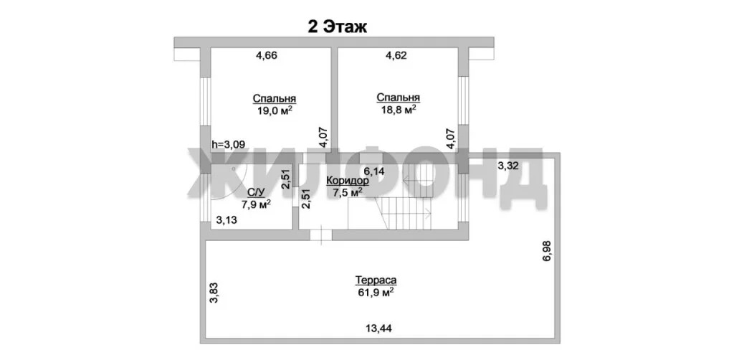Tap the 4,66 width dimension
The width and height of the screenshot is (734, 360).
(x=267, y=56)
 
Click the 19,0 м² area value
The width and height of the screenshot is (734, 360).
(x=275, y=111)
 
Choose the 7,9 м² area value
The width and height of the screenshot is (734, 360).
(x=256, y=204)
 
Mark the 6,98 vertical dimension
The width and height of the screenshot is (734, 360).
(x=546, y=253)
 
